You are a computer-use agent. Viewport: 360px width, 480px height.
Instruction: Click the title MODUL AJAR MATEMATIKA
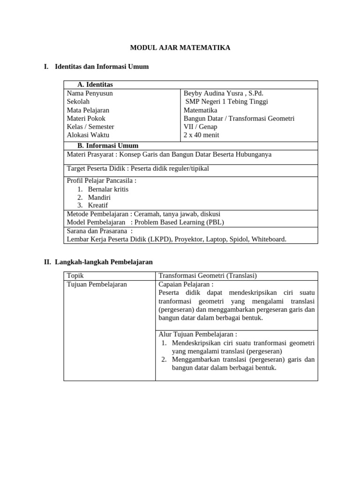[x=180, y=48]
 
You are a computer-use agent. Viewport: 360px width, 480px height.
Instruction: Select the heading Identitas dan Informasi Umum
[x=102, y=67]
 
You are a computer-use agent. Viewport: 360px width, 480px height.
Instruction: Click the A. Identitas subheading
[x=95, y=84]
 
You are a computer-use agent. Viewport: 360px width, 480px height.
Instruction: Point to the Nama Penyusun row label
[x=90, y=93]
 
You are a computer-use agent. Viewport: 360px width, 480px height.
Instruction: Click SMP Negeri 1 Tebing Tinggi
[x=227, y=101]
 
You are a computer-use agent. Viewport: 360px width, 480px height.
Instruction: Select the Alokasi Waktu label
[x=88, y=135]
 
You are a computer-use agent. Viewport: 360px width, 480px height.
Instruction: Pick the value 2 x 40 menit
[x=201, y=135]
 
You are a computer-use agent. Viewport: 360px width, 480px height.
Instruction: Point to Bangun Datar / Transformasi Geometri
[x=239, y=118]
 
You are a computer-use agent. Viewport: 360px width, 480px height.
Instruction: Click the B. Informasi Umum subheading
[x=108, y=145]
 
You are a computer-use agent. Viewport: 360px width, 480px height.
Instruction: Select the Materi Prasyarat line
[x=169, y=154]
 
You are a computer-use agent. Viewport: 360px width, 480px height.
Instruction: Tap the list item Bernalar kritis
[x=108, y=189]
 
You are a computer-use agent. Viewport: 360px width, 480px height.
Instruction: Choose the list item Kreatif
[x=98, y=205]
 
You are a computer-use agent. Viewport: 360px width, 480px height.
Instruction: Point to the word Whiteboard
[x=268, y=239]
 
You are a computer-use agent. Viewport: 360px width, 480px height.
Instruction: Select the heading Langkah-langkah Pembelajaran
[x=104, y=262]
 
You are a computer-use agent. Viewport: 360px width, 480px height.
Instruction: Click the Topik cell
[x=75, y=276]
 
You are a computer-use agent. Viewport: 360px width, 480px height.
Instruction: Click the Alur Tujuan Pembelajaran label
[x=197, y=334]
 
